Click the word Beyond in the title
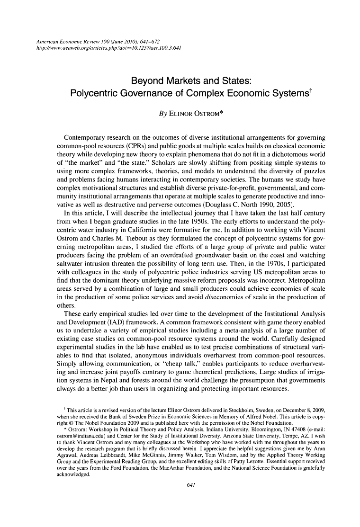coord(147,79)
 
